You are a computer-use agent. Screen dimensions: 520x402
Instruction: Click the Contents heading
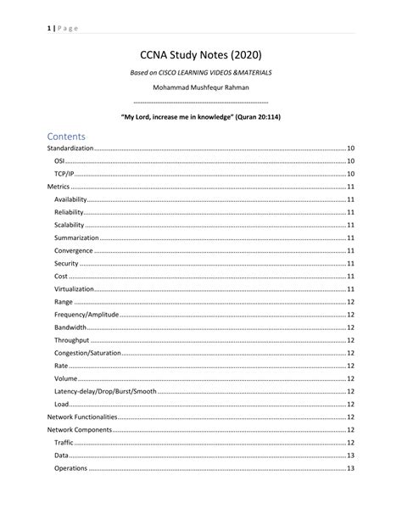pyautogui.click(x=72, y=135)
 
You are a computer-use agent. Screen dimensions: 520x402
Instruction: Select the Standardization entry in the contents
pyautogui.click(x=70, y=148)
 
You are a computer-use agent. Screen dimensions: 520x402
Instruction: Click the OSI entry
pyautogui.click(x=60, y=160)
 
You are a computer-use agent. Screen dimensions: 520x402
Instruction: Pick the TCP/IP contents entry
pyautogui.click(x=64, y=173)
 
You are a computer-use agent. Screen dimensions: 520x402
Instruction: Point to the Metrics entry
pyautogui.click(x=59, y=186)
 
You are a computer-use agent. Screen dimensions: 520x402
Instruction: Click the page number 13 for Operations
pyautogui.click(x=350, y=468)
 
